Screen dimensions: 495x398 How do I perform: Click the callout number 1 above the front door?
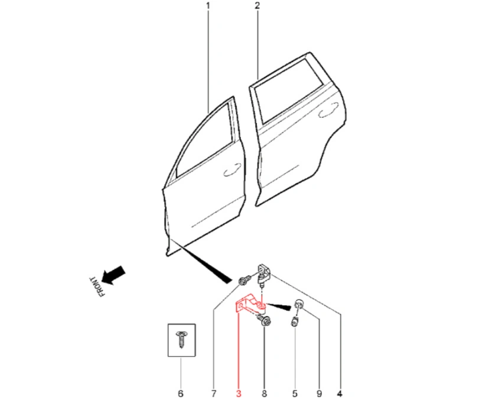tap(208, 6)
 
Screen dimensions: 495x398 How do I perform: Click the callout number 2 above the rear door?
tap(257, 6)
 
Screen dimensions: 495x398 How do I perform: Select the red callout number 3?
tap(239, 394)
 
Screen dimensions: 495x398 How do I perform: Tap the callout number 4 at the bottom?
tap(340, 394)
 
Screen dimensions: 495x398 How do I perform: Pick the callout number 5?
tap(295, 394)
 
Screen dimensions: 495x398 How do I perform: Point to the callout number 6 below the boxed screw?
tap(181, 394)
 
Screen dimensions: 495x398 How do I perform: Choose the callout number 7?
tap(214, 394)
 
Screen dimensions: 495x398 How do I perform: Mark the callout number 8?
tap(264, 394)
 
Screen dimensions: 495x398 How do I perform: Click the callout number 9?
tap(319, 394)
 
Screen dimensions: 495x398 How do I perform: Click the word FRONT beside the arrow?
tap(96, 287)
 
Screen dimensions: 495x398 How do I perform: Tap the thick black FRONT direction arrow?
tap(113, 275)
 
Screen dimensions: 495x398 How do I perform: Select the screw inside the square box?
tap(181, 340)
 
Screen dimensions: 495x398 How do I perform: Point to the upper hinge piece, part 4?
tap(263, 274)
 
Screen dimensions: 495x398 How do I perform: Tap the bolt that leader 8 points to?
tap(265, 321)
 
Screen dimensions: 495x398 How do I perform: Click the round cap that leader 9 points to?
tap(299, 304)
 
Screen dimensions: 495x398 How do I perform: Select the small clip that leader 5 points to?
tap(295, 322)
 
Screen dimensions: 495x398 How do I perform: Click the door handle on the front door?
tap(232, 170)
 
